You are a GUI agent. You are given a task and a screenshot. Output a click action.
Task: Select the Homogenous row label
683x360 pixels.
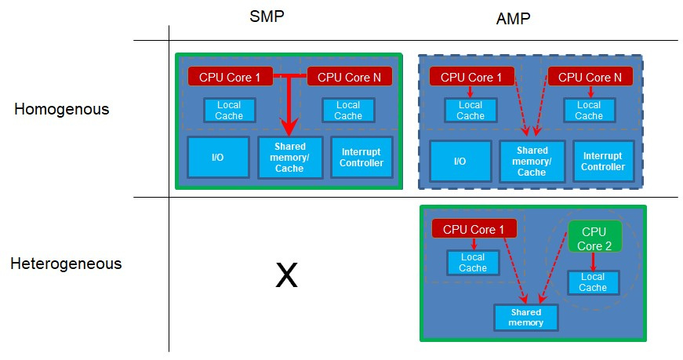tap(61, 109)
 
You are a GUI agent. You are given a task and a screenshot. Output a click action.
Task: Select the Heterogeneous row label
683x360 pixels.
tap(66, 264)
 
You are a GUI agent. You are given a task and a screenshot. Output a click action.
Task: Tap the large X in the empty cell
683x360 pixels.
tap(287, 275)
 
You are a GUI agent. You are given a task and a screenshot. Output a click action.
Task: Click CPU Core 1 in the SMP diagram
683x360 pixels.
tap(230, 76)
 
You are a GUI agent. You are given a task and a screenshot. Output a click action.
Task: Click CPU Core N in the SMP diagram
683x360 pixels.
tap(348, 76)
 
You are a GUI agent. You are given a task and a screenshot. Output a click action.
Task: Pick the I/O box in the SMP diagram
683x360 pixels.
tap(218, 158)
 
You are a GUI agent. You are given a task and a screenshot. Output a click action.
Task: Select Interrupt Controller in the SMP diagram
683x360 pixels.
tap(361, 158)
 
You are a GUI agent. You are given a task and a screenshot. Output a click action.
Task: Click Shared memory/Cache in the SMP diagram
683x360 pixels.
tap(290, 158)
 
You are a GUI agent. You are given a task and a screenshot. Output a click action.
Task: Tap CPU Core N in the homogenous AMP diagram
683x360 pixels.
tap(590, 77)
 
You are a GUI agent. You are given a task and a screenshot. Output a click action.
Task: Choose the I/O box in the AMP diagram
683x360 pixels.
tap(460, 162)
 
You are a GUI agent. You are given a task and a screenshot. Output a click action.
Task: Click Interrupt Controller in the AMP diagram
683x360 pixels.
tap(603, 162)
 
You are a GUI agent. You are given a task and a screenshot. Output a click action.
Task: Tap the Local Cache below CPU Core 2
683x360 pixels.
tap(593, 282)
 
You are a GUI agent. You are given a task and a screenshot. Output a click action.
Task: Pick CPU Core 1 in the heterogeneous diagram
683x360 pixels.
tap(474, 229)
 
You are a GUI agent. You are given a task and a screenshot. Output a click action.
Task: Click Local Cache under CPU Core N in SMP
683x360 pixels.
tap(348, 110)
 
